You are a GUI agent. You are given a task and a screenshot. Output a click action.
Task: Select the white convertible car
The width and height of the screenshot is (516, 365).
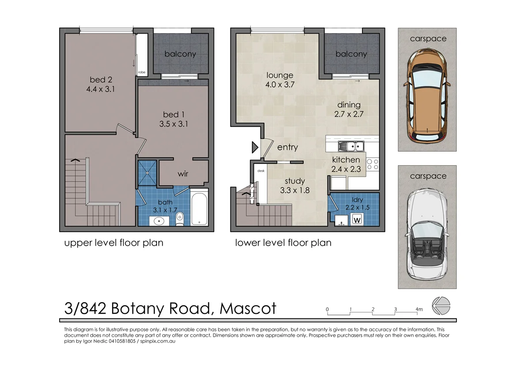click(x=427, y=234)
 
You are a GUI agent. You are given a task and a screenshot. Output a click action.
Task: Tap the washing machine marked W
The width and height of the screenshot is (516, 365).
click(x=357, y=219)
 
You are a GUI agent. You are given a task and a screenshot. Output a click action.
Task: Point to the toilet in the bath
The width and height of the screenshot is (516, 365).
click(x=180, y=218)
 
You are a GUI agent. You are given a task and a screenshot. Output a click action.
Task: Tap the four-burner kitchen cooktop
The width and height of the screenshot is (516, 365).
click(x=373, y=164)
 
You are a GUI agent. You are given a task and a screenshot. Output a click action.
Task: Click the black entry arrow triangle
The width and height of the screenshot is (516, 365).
click(x=255, y=147)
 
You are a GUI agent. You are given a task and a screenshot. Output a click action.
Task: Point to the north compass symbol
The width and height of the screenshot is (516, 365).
click(x=441, y=306)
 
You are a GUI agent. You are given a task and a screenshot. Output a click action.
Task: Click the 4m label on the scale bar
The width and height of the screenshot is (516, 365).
click(x=419, y=309)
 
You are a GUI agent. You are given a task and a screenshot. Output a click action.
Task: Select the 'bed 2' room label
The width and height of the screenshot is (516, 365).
click(x=101, y=80)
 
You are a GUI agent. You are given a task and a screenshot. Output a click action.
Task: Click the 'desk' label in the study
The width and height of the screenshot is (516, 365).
click(x=260, y=170)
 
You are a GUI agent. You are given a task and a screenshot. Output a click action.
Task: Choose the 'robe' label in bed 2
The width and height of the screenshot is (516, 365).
click(x=142, y=72)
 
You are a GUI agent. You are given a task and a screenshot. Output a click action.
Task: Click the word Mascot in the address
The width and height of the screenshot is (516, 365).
click(x=248, y=308)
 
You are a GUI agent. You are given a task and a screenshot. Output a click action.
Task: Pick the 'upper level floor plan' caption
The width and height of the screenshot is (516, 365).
click(x=114, y=243)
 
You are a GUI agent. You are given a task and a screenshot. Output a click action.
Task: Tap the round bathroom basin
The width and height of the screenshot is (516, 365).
click(x=158, y=220)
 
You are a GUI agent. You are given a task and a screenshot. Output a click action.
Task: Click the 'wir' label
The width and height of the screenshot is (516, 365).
click(x=183, y=174)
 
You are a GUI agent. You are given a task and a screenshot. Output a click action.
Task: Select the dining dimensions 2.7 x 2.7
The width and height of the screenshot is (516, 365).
click(x=349, y=114)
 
